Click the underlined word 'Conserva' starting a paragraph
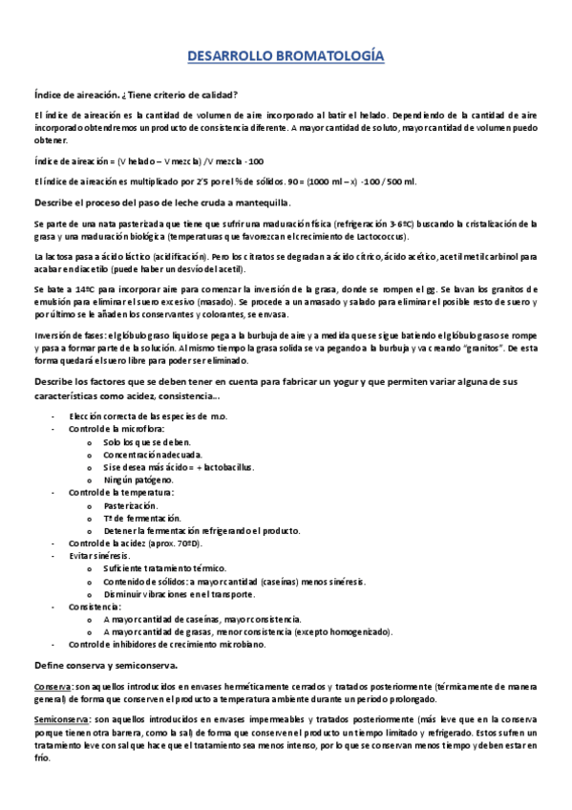click(x=52, y=686)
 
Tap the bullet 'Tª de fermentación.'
click(x=142, y=518)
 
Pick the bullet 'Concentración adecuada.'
click(x=155, y=455)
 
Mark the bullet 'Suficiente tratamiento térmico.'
click(x=168, y=567)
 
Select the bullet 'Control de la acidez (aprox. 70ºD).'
click(x=135, y=543)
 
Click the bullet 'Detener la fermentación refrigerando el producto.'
click(x=201, y=530)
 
